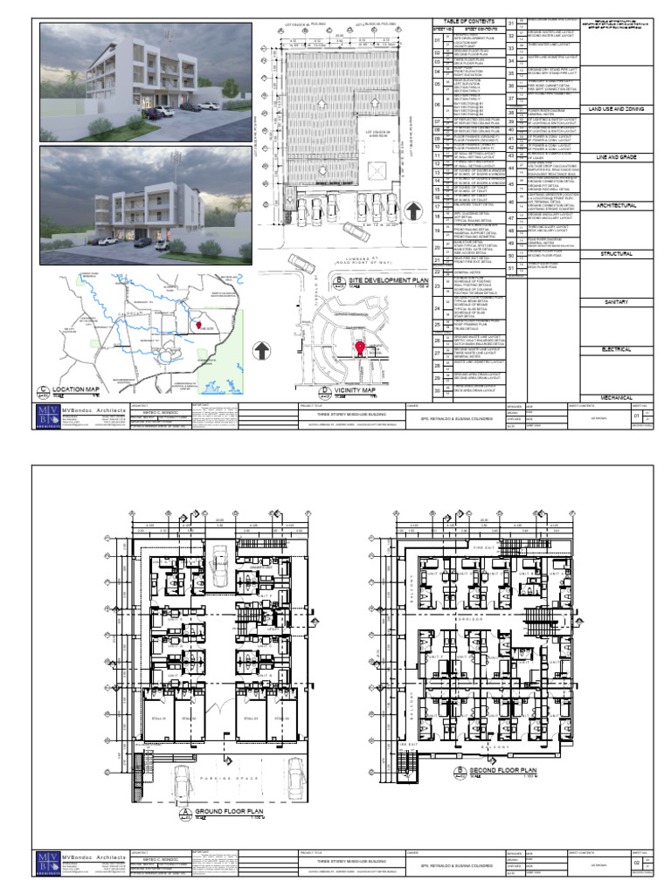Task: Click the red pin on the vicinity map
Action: (359, 347)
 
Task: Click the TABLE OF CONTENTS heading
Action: (465, 21)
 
